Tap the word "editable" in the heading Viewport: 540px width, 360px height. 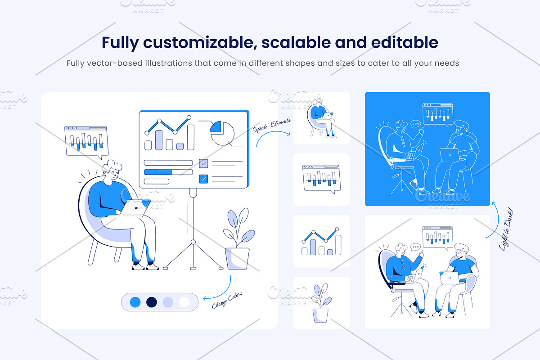pyautogui.click(x=405, y=42)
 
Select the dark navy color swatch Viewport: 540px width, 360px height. pyautogui.click(x=152, y=302)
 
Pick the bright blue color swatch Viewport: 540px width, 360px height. pyautogui.click(x=135, y=302)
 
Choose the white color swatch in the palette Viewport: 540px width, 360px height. pyautogui.click(x=184, y=302)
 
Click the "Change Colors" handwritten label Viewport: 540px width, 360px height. pyautogui.click(x=227, y=300)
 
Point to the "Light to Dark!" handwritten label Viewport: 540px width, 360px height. pyautogui.click(x=507, y=231)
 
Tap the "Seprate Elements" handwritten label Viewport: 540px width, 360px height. pyautogui.click(x=272, y=126)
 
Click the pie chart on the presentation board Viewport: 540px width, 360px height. pyautogui.click(x=222, y=133)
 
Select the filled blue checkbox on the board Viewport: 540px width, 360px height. pyautogui.click(x=203, y=179)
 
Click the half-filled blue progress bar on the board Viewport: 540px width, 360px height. pyautogui.click(x=168, y=172)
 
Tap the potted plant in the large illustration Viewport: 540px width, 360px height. pyautogui.click(x=238, y=238)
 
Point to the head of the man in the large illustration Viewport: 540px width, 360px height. pyautogui.click(x=112, y=170)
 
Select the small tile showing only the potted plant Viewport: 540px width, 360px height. pyautogui.click(x=321, y=303)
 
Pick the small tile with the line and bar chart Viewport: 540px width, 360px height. pyautogui.click(x=321, y=241)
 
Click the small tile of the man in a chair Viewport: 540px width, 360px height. pyautogui.click(x=321, y=118)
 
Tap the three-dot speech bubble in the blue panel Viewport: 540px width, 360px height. pyautogui.click(x=416, y=124)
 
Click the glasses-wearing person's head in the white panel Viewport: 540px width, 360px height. pyautogui.click(x=461, y=252)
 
